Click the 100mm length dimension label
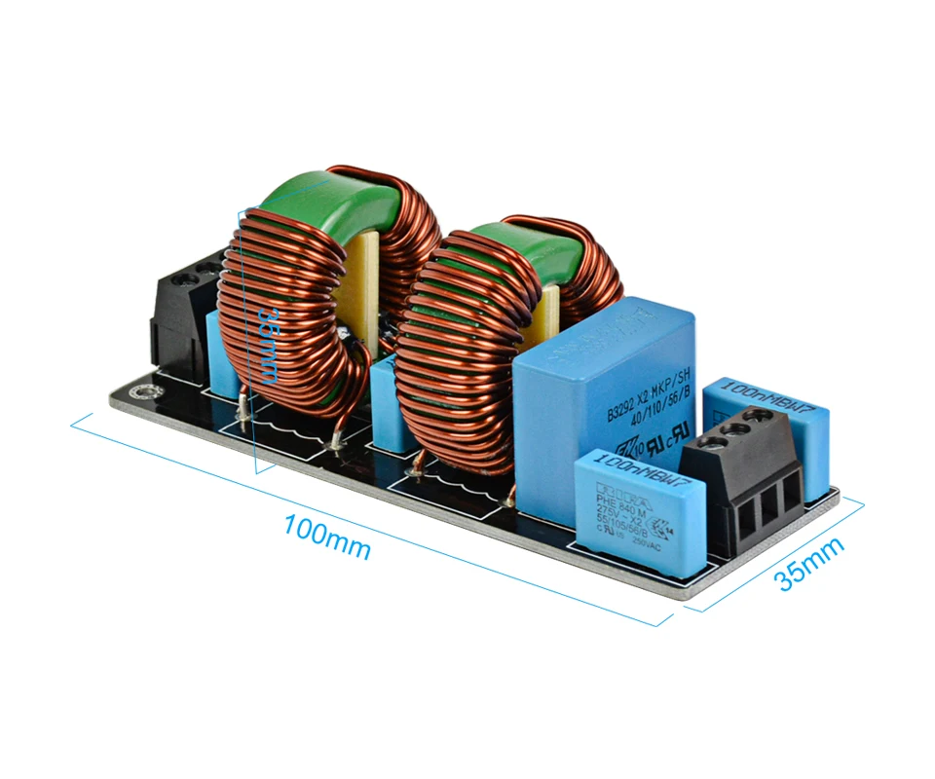(x=326, y=538)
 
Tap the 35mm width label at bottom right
(x=808, y=564)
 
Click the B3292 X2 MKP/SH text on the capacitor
(x=648, y=391)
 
